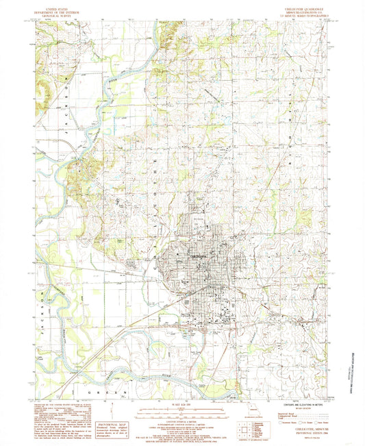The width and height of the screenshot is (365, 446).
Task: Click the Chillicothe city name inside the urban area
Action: (x=199, y=256)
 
